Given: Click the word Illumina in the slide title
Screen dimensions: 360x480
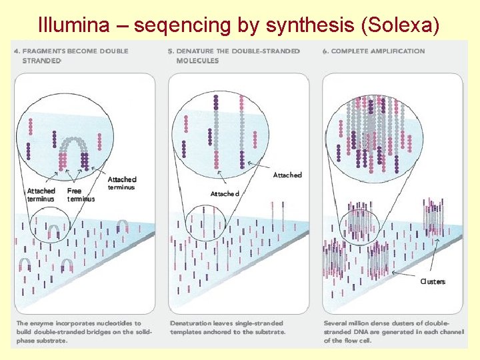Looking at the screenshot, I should pyautogui.click(x=69, y=25).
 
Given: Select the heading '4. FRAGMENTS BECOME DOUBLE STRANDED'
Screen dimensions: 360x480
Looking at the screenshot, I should pyautogui.click(x=71, y=55).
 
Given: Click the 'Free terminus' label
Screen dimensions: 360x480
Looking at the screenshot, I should pyautogui.click(x=81, y=195).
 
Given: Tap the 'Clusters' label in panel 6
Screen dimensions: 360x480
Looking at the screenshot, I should pyautogui.click(x=432, y=281).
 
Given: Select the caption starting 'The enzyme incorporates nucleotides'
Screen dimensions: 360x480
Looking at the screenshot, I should pyautogui.click(x=84, y=331).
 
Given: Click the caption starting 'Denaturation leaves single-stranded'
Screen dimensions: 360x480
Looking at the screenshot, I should pyautogui.click(x=229, y=327).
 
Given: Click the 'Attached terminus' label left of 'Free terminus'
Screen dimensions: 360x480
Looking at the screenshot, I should pyautogui.click(x=41, y=195).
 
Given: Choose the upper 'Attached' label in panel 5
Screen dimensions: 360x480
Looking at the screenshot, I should pyautogui.click(x=287, y=175).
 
